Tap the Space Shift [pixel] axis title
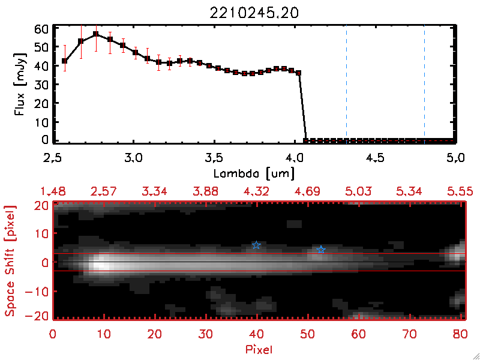tap(10, 261)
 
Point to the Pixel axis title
tap(260, 348)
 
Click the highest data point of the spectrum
tap(95, 34)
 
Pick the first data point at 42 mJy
tap(65, 61)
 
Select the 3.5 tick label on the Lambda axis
tap(214, 158)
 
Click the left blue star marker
tap(256, 245)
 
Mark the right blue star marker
tap(321, 250)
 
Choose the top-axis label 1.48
tap(53, 191)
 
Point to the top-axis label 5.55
tap(461, 191)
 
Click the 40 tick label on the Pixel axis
tap(257, 333)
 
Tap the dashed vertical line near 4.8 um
tap(424, 84)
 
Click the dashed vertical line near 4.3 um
tap(346, 84)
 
